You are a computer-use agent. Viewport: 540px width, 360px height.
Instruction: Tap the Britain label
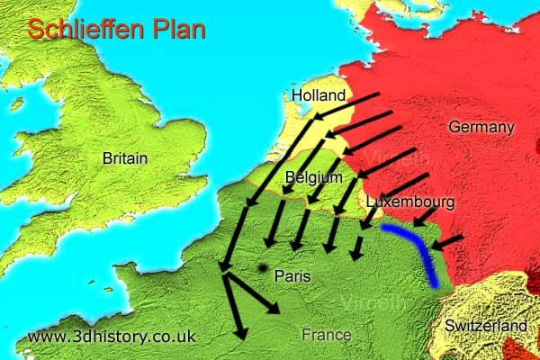coord(125,158)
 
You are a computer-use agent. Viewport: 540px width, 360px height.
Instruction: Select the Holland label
coord(319,95)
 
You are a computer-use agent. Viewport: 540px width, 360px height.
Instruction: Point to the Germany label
coord(481,128)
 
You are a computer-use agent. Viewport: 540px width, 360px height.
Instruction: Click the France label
coord(326,335)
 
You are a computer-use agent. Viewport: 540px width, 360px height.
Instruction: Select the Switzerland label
coord(491,324)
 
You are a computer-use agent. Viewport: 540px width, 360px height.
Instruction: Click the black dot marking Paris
coord(262,268)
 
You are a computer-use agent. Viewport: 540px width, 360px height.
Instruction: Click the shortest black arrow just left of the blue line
coord(359,250)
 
